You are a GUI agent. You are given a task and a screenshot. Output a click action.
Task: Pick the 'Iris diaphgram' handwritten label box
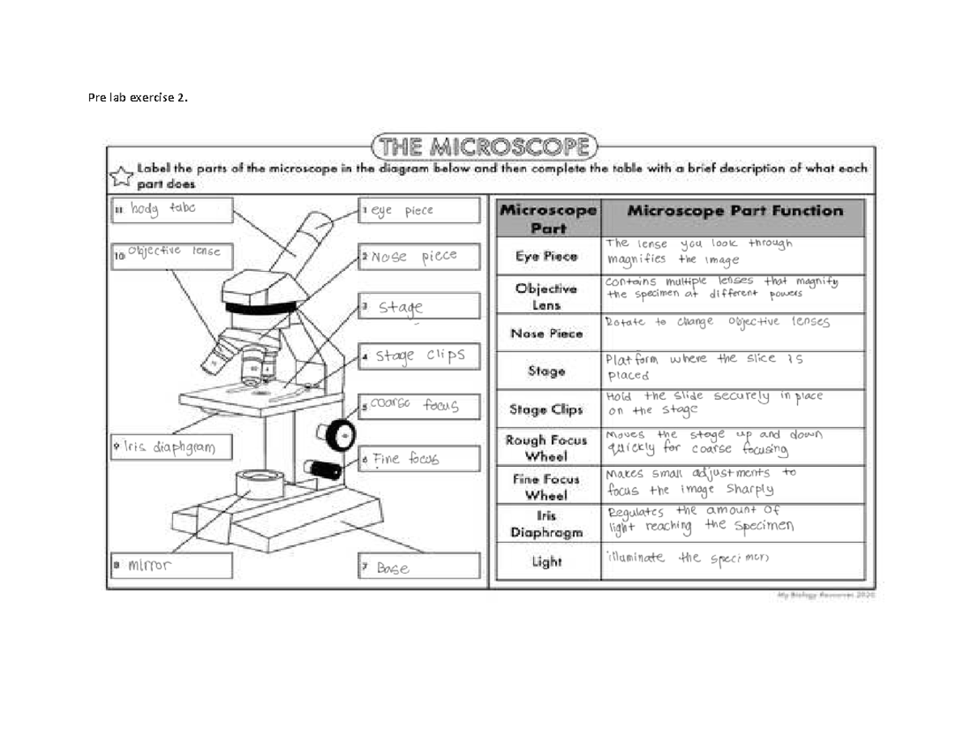pyautogui.click(x=170, y=447)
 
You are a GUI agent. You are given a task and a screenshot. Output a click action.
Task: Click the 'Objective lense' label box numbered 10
pyautogui.click(x=170, y=254)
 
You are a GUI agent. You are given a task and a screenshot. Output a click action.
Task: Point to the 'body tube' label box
pyautogui.click(x=170, y=210)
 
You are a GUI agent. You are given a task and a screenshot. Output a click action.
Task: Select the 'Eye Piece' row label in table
pyautogui.click(x=546, y=256)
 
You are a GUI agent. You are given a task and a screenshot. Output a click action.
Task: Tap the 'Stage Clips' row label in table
pyautogui.click(x=546, y=410)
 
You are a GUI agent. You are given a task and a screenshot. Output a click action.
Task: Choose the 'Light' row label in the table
pyautogui.click(x=546, y=561)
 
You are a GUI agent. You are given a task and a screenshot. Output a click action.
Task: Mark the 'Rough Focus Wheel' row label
pyautogui.click(x=546, y=448)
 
